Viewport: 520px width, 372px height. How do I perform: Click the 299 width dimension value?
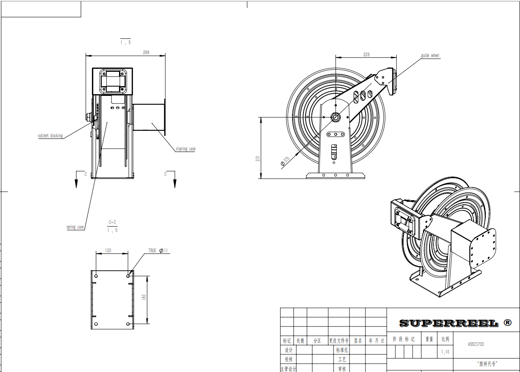[146, 53]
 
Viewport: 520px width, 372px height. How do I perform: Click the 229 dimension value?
[366, 54]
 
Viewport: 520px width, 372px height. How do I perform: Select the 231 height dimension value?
[258, 158]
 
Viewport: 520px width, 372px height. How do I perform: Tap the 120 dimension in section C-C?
[108, 251]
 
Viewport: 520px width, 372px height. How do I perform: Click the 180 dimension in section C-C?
[144, 297]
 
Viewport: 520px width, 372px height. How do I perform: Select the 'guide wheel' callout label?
[430, 56]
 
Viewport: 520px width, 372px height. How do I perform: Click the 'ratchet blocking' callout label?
[50, 136]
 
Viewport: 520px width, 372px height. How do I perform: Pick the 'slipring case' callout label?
[186, 149]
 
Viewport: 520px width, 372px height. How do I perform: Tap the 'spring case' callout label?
[75, 227]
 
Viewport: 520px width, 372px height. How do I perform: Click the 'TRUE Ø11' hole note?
[158, 251]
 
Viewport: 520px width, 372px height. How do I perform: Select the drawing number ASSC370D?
[476, 344]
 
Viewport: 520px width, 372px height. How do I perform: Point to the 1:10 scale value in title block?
[445, 352]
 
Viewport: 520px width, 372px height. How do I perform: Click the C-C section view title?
[112, 222]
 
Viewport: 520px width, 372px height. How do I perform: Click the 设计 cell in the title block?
[289, 350]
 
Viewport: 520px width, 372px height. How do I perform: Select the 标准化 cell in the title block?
[342, 350]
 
